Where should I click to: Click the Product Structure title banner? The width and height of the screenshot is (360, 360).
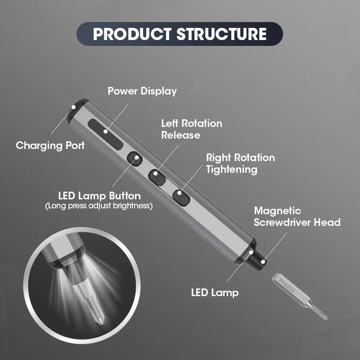click(x=180, y=35)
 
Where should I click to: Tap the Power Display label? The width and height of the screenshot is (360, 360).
click(x=142, y=91)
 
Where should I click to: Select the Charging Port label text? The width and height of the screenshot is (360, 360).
click(x=50, y=145)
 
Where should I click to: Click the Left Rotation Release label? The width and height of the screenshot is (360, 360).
click(x=192, y=129)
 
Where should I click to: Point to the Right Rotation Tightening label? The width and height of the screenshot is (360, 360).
click(x=240, y=163)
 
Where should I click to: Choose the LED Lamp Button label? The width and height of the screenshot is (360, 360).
click(x=99, y=196)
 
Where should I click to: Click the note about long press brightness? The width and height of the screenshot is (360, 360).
click(x=99, y=206)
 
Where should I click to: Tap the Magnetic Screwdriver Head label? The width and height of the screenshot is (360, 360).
click(x=297, y=216)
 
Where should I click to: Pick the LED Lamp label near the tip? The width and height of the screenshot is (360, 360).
click(x=214, y=292)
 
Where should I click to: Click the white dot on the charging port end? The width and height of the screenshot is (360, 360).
click(x=73, y=108)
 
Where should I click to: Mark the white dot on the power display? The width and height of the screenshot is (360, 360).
click(x=105, y=132)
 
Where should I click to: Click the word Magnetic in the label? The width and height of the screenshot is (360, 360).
click(x=278, y=211)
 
